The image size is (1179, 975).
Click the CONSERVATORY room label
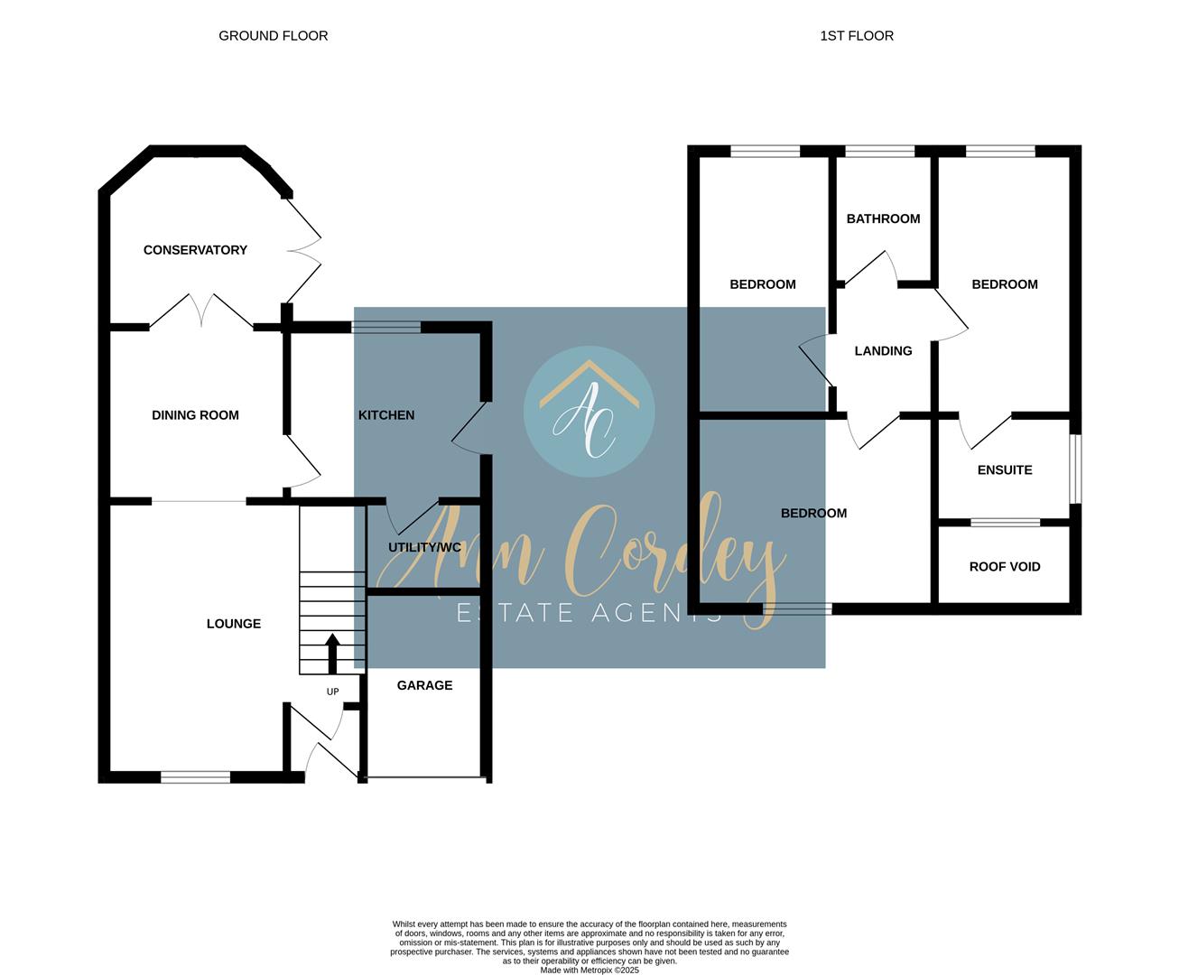195,250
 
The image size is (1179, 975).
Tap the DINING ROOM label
195,415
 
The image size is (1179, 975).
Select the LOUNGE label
233,624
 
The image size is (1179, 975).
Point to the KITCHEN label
386,415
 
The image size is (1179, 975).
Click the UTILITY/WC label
424,548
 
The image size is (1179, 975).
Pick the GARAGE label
424,685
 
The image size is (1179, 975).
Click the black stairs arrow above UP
332,654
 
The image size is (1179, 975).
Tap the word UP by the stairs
332,692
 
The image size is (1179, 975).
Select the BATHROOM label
883,219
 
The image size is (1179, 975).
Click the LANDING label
883,351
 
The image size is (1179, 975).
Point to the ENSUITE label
1005,470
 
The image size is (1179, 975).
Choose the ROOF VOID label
1005,567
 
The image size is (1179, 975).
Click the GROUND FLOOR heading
274,36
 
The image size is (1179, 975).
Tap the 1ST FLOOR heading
857,36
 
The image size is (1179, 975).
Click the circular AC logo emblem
589,412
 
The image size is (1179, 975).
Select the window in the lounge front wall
195,777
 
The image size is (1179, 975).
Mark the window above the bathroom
879,152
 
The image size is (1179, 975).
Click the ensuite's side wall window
1076,469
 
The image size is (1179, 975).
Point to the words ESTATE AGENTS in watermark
589,613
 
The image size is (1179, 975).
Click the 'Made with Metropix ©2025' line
589,970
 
